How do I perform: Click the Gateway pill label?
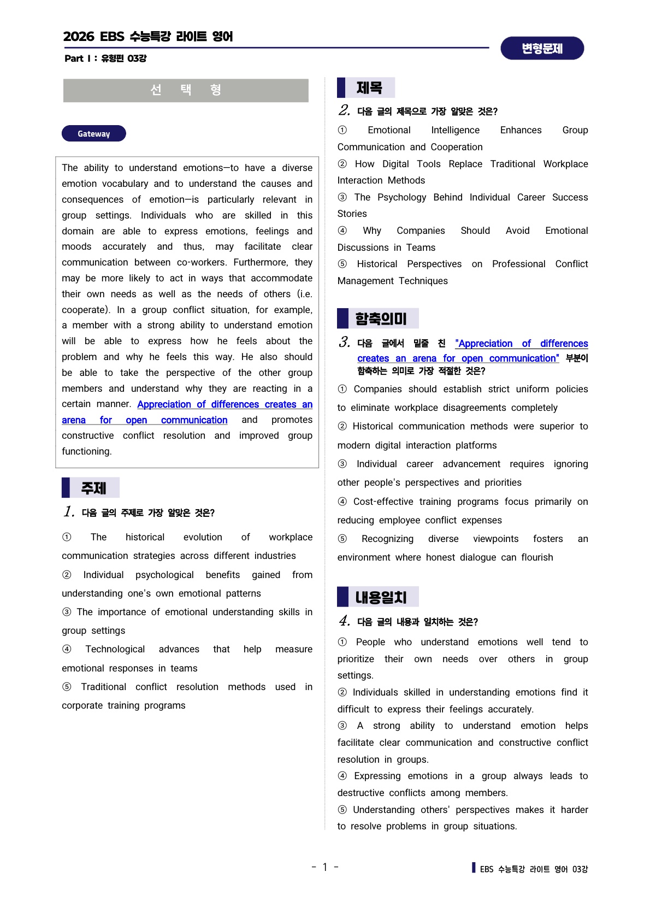(x=93, y=134)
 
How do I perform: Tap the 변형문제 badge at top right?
(x=542, y=49)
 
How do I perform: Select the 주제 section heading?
(x=93, y=488)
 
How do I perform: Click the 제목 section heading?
(x=369, y=88)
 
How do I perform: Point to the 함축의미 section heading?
(x=381, y=319)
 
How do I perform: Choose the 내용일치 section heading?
(x=381, y=597)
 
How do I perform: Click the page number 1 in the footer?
(x=325, y=867)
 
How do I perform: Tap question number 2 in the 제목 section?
(x=344, y=110)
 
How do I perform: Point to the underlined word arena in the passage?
(x=74, y=420)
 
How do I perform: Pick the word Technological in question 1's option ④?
(x=115, y=649)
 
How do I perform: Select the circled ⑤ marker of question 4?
(x=342, y=810)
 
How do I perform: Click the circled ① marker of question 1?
(x=67, y=537)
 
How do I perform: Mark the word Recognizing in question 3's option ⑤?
(x=387, y=539)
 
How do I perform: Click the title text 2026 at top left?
(x=79, y=37)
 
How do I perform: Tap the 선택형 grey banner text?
(x=186, y=90)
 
